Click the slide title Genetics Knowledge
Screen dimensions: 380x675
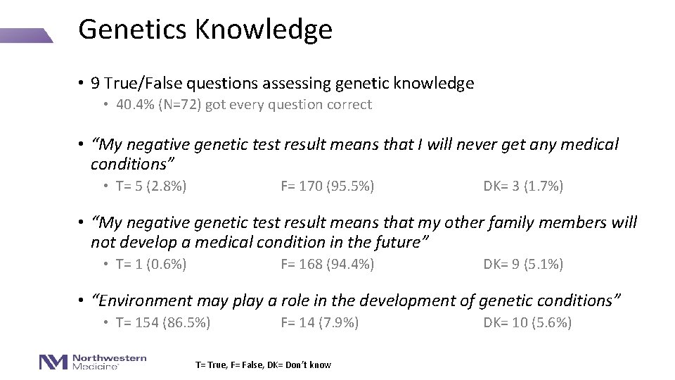tap(205, 30)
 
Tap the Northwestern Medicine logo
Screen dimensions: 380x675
tap(93, 362)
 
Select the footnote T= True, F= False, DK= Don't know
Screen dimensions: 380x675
tap(262, 365)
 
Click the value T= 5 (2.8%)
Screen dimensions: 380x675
tap(151, 186)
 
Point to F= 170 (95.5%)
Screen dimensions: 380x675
tap(327, 186)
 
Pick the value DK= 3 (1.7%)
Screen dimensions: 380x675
tap(523, 186)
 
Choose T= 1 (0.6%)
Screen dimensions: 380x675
tap(151, 265)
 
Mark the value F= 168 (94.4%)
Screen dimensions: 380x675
tap(327, 265)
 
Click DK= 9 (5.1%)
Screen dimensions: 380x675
tap(523, 265)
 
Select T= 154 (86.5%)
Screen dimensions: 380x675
tap(163, 323)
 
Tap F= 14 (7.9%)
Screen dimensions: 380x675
tap(319, 323)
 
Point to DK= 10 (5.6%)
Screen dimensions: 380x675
tap(527, 323)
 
